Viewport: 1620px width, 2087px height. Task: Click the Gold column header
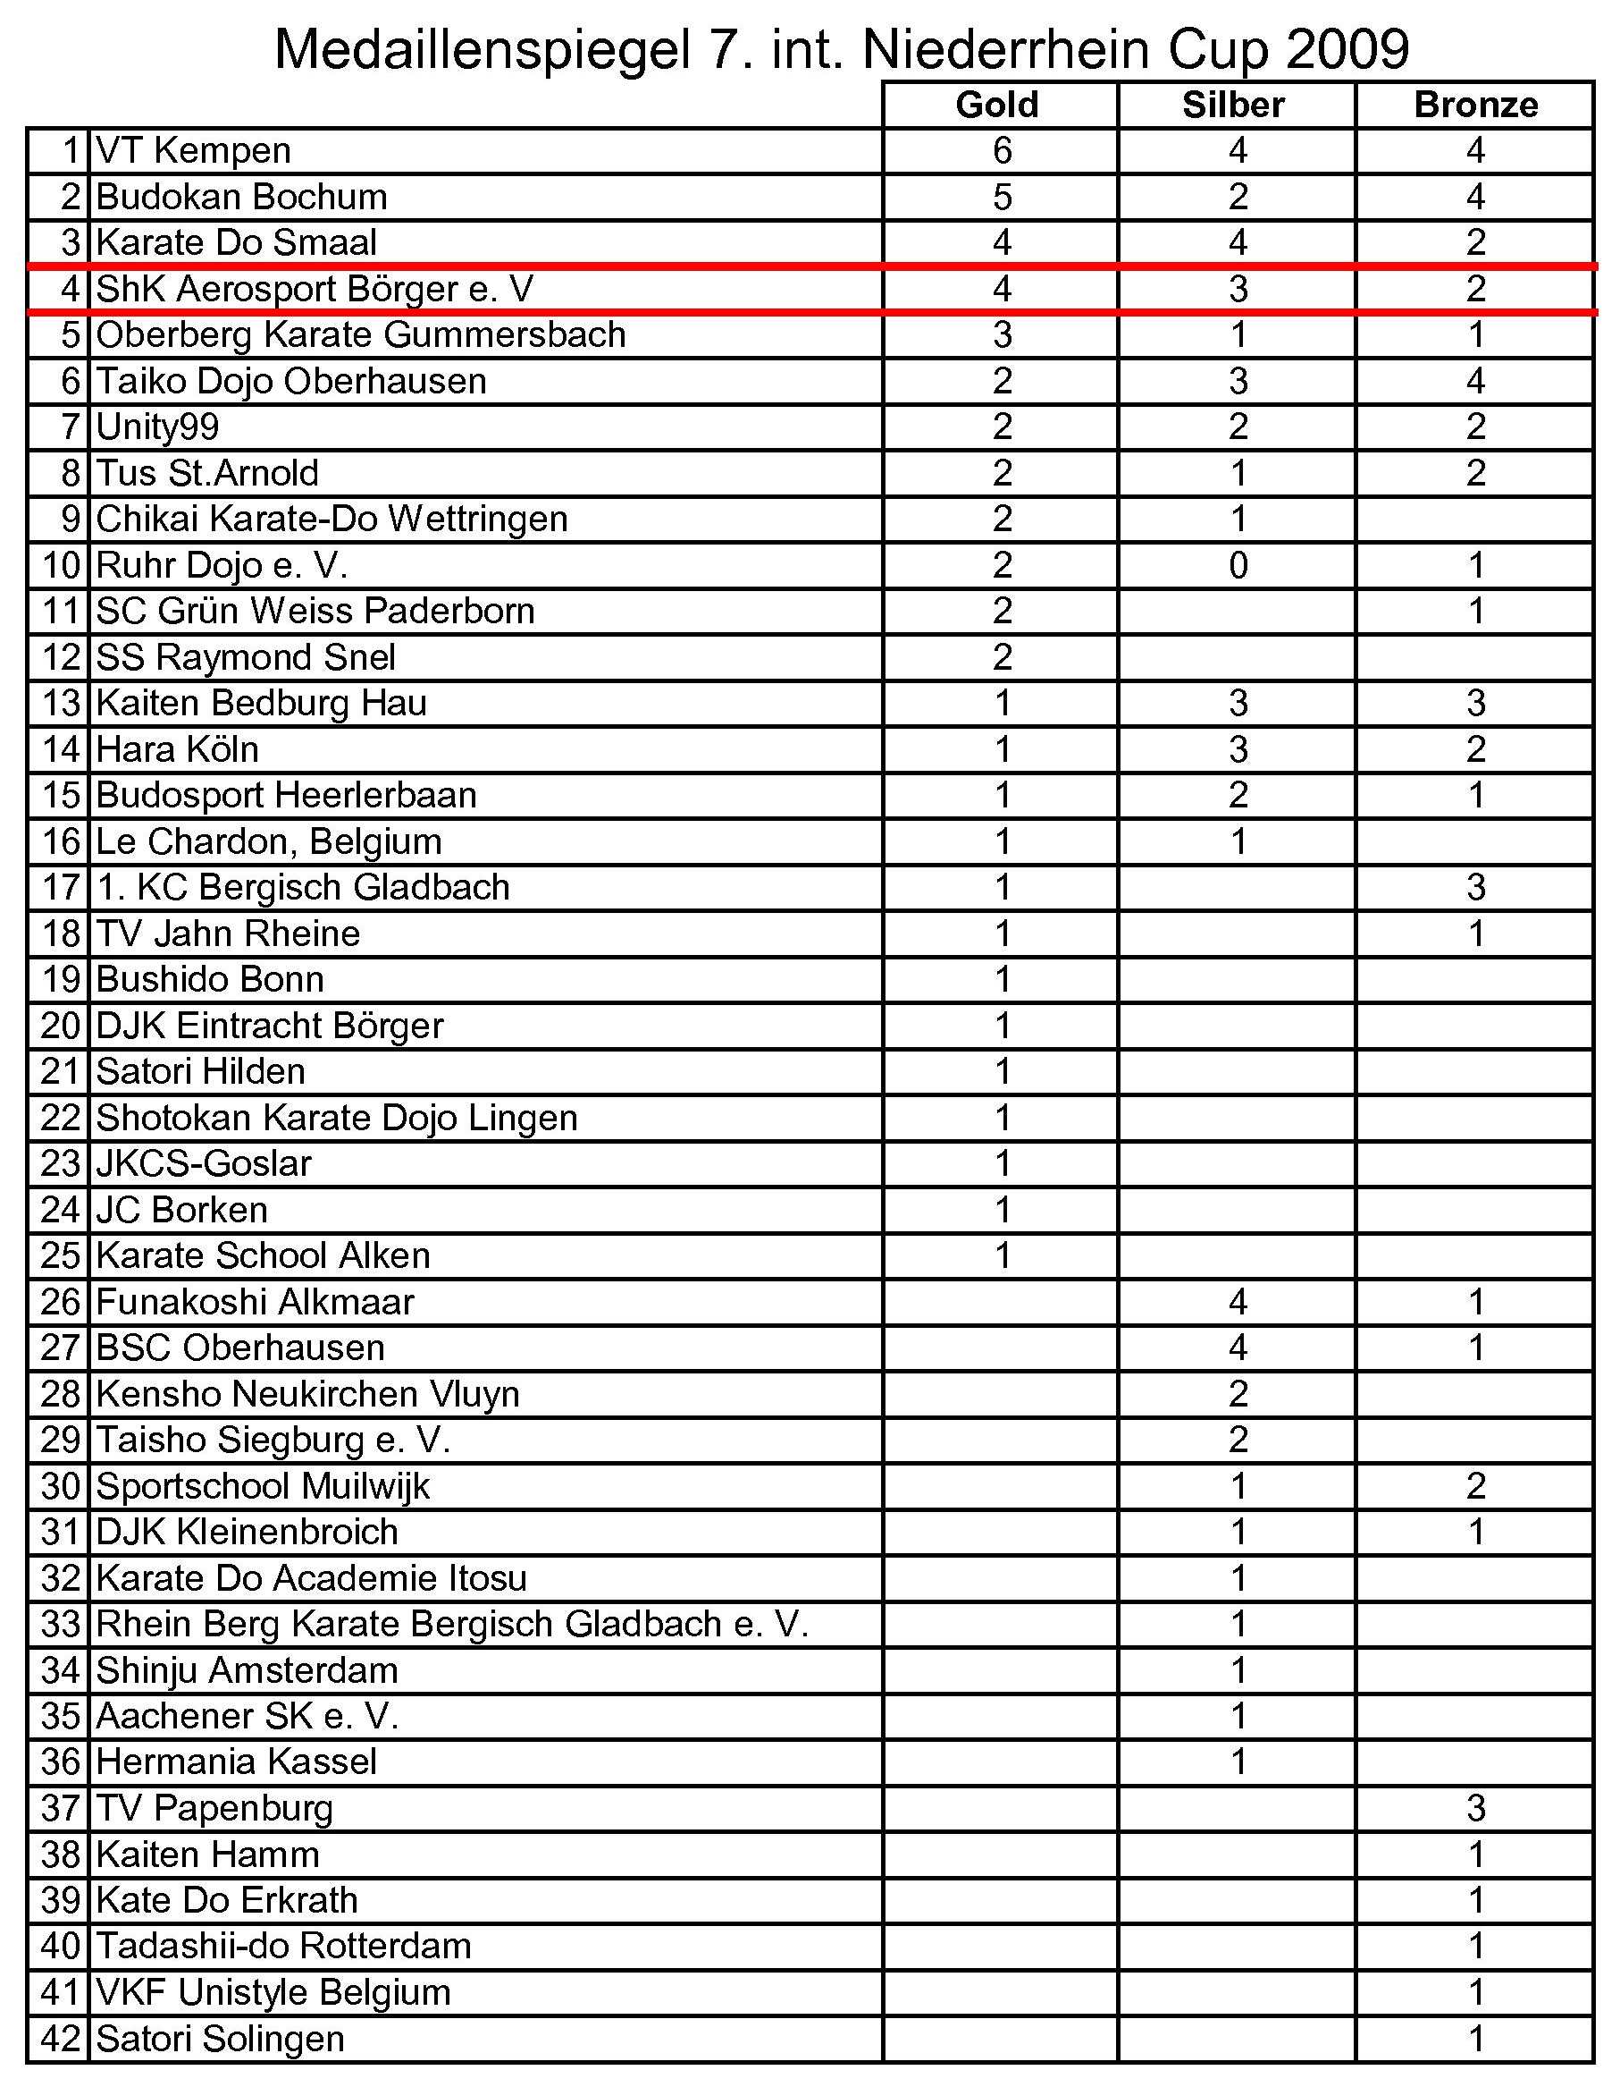[997, 104]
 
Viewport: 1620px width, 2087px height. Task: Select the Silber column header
[1233, 104]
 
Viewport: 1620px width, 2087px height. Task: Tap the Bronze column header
[1475, 104]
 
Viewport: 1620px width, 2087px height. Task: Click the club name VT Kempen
[194, 150]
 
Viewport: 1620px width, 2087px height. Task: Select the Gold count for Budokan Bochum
[1001, 197]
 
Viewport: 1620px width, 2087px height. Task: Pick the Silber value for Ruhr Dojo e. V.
[1238, 565]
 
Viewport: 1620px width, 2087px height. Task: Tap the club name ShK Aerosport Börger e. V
[315, 289]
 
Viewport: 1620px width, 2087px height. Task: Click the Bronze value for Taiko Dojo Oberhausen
[1476, 380]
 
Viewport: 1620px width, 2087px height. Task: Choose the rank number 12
[60, 656]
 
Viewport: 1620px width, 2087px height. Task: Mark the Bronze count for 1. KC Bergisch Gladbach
[1476, 887]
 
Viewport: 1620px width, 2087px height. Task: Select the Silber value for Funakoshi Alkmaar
[1238, 1302]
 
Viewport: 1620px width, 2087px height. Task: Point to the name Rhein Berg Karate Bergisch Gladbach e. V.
[452, 1624]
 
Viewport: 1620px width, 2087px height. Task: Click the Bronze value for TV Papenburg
[1476, 1808]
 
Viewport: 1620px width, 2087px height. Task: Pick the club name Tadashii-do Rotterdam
[283, 1946]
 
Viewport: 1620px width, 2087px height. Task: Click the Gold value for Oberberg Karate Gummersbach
[1001, 334]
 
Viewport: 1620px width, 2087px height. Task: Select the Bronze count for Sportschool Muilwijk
[1476, 1486]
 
